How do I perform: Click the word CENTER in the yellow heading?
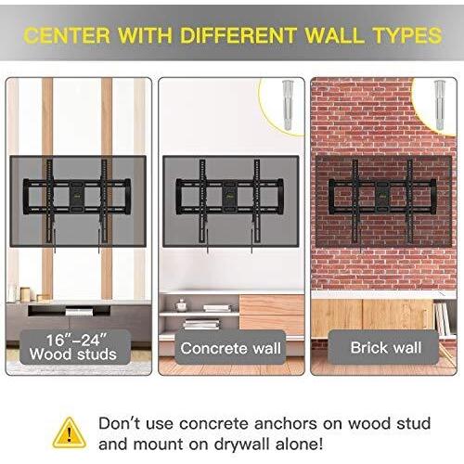[67, 35]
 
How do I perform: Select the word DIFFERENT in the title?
[238, 35]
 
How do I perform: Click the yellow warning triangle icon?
[70, 432]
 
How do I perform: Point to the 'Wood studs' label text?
[73, 354]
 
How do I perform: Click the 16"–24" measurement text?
[77, 340]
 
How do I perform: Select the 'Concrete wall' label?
[231, 348]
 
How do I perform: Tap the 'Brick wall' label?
[386, 347]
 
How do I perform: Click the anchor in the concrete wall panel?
[288, 105]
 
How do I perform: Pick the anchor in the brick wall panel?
[440, 105]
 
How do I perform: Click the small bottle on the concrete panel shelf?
[181, 305]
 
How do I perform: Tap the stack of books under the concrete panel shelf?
[201, 324]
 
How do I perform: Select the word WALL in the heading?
[335, 35]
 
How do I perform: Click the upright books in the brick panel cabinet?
[442, 319]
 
